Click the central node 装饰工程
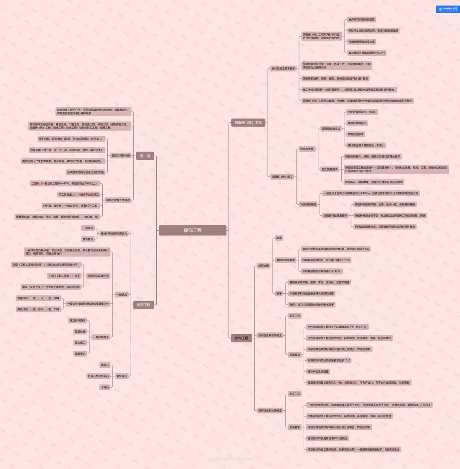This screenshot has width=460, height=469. tap(193, 230)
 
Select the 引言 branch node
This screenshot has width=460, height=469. tap(145, 156)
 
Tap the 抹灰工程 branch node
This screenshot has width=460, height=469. tap(143, 305)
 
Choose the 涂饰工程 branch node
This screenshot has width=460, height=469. tap(241, 338)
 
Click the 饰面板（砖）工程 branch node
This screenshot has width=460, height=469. tap(248, 123)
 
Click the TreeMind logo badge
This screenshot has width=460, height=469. tap(446, 9)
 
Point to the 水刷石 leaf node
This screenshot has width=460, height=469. tap(104, 365)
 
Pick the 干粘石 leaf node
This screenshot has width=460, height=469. tap(104, 387)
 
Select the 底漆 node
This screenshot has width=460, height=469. tap(279, 237)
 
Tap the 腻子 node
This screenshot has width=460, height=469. tap(279, 293)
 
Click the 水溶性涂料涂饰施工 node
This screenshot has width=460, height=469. tap(270, 335)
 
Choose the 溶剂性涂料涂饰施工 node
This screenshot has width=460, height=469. tap(270, 411)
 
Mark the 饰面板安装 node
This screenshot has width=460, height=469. tap(307, 149)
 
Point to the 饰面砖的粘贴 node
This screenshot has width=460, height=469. tap(308, 204)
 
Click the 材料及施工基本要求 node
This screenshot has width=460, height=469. tap(283, 69)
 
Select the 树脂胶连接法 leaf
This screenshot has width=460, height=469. tap(356, 134)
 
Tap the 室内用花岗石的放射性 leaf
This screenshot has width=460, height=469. tap(362, 20)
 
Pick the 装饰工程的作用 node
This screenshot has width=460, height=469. tap(121, 155)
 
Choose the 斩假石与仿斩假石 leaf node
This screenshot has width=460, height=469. tap(98, 376)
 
